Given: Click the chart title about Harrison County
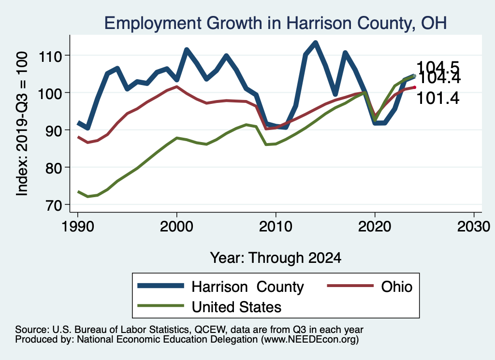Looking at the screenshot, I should pos(275,23).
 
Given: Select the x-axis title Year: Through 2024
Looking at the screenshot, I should pos(276,258).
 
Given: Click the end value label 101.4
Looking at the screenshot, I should pos(437,98).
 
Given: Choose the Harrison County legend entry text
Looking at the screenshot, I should pos(247,287).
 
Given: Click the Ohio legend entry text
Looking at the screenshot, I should pos(397,287).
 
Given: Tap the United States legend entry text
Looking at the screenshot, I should pos(236,306).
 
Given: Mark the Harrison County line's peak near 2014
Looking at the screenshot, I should pos(315,43).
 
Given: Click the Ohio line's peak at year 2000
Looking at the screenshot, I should pos(176,87).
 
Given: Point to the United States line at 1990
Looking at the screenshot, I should pos(77,192).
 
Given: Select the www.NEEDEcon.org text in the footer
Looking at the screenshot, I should pos(309,340).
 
